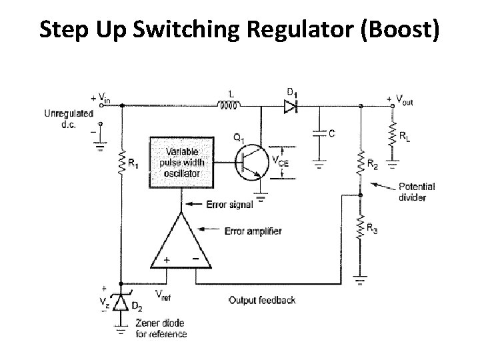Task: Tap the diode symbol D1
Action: [x=290, y=105]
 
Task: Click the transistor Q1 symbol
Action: [x=248, y=163]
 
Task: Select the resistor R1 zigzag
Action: [x=123, y=162]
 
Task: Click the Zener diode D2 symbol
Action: [x=120, y=303]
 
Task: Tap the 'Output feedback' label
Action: [x=262, y=300]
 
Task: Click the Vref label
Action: [x=162, y=294]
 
